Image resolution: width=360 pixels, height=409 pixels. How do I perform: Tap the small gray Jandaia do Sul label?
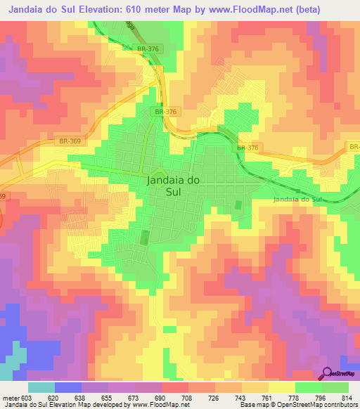coord(297,200)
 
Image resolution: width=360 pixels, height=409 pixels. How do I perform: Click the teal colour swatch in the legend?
coord(41,387)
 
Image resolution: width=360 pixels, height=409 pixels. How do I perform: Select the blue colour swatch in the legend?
coord(68,387)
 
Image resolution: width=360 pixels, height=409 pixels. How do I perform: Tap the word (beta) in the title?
coord(307,10)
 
